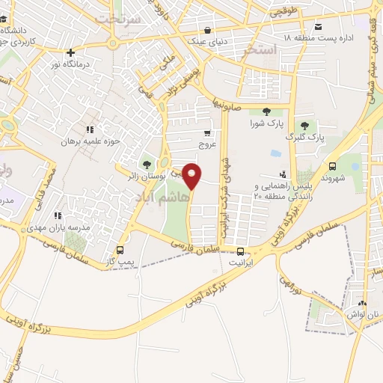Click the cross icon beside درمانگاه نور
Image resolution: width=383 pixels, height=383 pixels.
click(x=70, y=53)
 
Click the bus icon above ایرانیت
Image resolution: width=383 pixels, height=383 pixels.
click(x=241, y=251)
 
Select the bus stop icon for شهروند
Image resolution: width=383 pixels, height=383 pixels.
click(x=333, y=166)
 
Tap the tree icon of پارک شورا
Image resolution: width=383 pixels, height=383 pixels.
click(x=267, y=112)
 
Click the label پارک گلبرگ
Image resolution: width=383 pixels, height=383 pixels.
click(x=307, y=138)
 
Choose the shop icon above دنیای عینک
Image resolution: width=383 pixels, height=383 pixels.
click(x=206, y=31)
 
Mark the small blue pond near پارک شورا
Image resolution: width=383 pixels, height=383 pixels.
click(x=275, y=153)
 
